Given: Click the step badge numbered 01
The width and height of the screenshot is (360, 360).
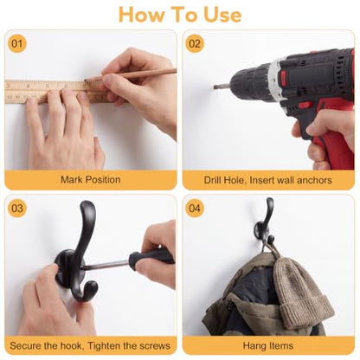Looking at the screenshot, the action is tap(17, 43).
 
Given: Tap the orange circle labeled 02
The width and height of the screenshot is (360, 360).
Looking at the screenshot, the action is tap(195, 43).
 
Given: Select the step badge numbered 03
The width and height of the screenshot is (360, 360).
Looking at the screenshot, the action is tap(17, 208).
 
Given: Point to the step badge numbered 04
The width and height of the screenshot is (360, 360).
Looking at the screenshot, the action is tap(195, 208).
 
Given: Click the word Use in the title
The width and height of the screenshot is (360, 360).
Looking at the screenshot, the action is tap(222, 15).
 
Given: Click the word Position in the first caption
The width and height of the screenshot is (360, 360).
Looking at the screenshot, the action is tap(103, 180).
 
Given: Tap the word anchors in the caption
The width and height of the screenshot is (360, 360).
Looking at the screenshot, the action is tap(314, 180).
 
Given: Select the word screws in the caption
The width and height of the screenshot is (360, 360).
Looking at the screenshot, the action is tap(154, 345).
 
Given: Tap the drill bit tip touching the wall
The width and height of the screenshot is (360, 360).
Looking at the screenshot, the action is tap(215, 87).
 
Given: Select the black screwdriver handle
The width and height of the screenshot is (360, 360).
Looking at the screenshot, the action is tap(151, 258).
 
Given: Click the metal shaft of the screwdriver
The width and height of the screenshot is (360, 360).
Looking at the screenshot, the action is tap(105, 265).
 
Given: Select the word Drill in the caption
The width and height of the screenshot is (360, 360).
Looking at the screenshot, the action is tap(213, 180).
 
